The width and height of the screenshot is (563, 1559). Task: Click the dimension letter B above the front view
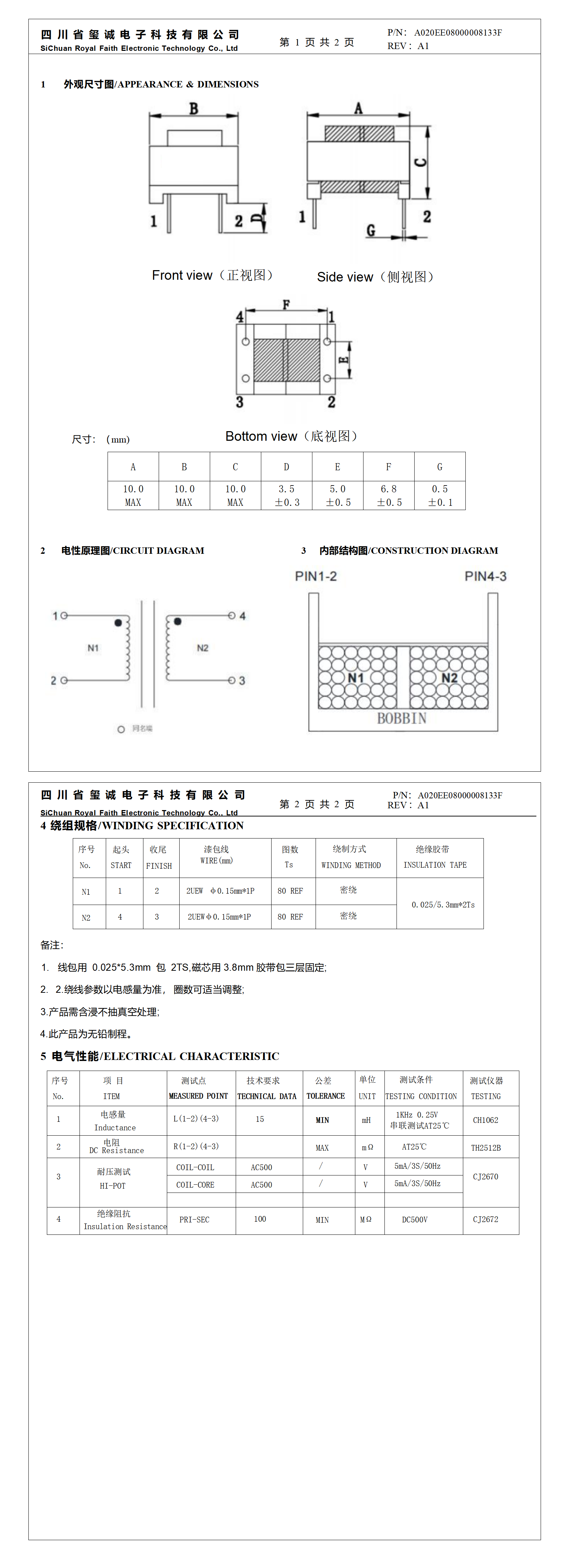coord(193,109)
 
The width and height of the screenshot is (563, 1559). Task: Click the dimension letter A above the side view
coord(359,108)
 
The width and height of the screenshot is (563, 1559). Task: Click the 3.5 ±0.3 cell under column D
coord(286,495)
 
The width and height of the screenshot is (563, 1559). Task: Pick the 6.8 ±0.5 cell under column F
coord(389,495)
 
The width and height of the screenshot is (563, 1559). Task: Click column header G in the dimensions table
coord(439,467)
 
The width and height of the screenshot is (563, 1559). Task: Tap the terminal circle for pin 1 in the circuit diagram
coord(64,616)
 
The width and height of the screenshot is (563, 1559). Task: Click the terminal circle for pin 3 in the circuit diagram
coord(231,680)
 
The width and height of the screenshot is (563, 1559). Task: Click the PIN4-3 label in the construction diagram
coord(485,576)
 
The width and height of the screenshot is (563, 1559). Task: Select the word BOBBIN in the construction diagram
coord(401,718)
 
